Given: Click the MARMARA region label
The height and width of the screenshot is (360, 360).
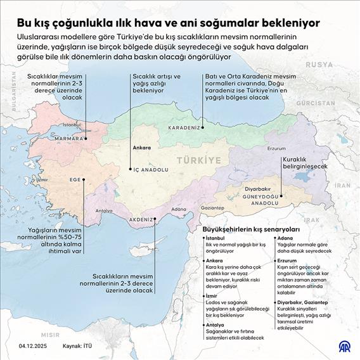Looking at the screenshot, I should point(68,138).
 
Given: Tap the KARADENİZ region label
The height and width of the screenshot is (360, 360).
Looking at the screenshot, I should point(184,127).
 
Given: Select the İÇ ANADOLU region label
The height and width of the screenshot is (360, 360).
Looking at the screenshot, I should point(150,170).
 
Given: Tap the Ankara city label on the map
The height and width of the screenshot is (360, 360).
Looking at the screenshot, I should point(141,148).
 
